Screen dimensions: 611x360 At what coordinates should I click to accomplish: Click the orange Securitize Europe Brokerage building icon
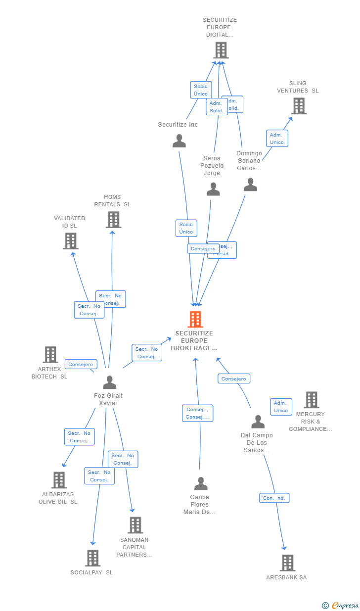pyautogui.click(x=195, y=319)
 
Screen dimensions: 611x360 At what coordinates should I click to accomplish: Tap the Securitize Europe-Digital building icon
pyautogui.click(x=221, y=50)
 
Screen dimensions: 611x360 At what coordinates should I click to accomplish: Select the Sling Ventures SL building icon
pyautogui.click(x=299, y=106)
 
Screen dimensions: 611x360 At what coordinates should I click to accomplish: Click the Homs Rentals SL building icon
pyautogui.click(x=113, y=220)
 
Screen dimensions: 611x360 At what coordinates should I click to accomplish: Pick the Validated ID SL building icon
pyautogui.click(x=71, y=241)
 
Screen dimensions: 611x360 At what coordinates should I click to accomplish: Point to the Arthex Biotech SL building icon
pyautogui.click(x=50, y=354)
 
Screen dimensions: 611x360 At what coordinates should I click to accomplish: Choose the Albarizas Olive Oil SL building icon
pyautogui.click(x=59, y=480)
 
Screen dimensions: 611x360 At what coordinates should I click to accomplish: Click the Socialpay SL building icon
pyautogui.click(x=92, y=558)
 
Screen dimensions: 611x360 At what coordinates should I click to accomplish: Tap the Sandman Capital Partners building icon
pyautogui.click(x=135, y=525)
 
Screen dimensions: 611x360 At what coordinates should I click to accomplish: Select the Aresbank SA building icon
pyautogui.click(x=287, y=563)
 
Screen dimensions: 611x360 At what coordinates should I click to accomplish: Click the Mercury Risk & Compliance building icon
pyautogui.click(x=311, y=400)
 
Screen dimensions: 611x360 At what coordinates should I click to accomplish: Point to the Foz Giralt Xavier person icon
pyautogui.click(x=109, y=382)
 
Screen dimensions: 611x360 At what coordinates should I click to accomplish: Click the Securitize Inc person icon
pyautogui.click(x=179, y=141)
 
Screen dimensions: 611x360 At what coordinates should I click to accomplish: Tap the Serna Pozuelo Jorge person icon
pyautogui.click(x=213, y=189)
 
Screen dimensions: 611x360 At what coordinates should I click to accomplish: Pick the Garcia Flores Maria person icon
pyautogui.click(x=201, y=483)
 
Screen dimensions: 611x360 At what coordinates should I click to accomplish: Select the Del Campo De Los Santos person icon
pyautogui.click(x=258, y=422)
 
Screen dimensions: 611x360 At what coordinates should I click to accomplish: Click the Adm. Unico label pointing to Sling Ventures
pyautogui.click(x=277, y=139)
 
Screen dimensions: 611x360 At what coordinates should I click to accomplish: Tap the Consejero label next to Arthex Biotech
pyautogui.click(x=81, y=365)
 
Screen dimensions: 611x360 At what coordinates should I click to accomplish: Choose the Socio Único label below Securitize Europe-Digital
pyautogui.click(x=201, y=90)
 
